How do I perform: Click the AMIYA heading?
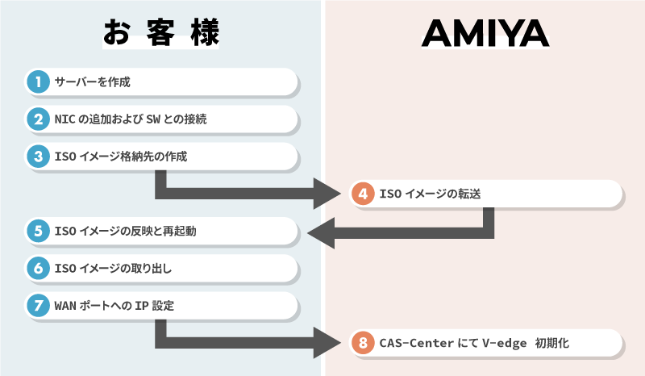[485, 33]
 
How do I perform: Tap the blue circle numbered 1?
[37, 81]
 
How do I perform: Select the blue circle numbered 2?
[37, 119]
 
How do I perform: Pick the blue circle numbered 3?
[37, 157]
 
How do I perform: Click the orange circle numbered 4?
[364, 194]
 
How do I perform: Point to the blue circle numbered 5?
[37, 232]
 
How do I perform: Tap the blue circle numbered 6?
[37, 269]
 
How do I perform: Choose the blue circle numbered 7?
[37, 306]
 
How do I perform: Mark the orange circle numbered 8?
[364, 343]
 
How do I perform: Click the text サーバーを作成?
[92, 82]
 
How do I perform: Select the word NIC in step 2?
[65, 119]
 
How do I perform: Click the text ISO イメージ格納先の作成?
[121, 157]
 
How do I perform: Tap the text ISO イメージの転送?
[431, 194]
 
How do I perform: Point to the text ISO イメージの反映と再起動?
[126, 232]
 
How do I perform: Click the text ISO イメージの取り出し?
[114, 269]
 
